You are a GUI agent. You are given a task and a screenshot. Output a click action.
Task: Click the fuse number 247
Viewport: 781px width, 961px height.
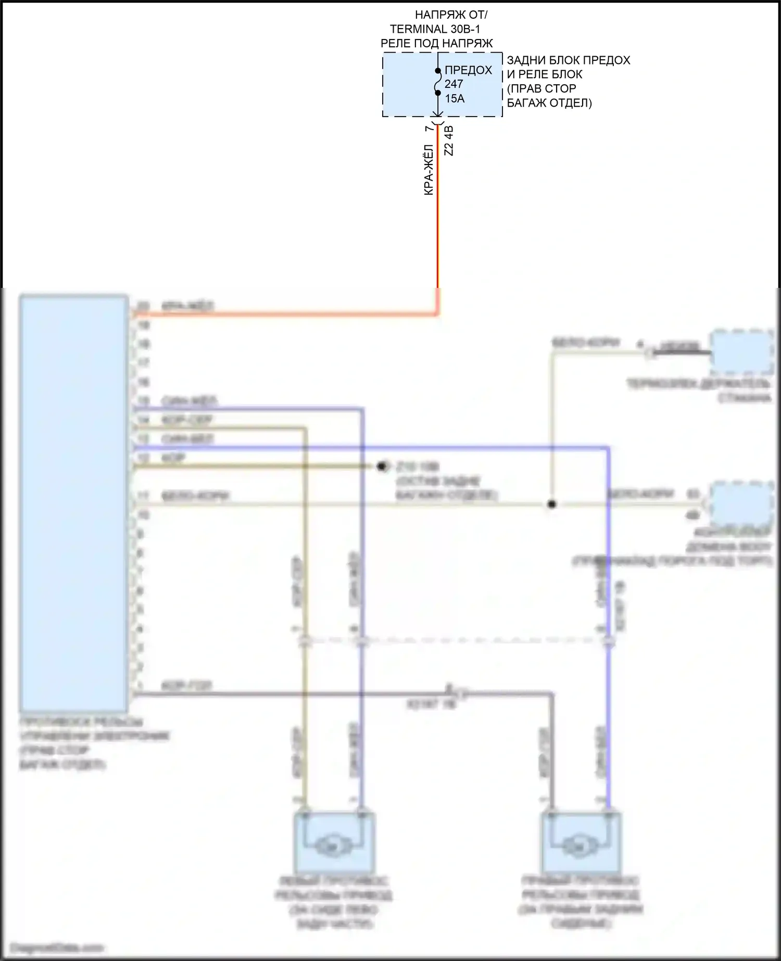(x=454, y=84)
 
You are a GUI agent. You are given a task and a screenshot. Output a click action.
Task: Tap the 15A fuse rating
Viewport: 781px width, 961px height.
(x=455, y=98)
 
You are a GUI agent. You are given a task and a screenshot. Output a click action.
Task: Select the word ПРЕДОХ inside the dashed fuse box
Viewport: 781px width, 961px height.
(x=468, y=70)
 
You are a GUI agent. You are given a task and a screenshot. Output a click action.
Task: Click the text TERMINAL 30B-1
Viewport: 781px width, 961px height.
(x=435, y=29)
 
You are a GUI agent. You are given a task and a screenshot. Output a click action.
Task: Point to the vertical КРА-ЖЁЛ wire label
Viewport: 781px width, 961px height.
(x=429, y=170)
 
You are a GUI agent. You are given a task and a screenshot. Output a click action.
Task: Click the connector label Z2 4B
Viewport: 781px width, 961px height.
(x=449, y=141)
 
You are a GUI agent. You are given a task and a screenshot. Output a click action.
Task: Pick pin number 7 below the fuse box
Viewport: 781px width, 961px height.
(x=429, y=129)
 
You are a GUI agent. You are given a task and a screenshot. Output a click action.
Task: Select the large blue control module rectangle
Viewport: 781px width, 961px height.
(x=73, y=503)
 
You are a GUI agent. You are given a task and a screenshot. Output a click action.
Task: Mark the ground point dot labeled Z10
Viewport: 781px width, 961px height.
(x=383, y=466)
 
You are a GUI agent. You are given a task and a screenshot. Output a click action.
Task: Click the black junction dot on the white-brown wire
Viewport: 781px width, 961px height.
(x=552, y=504)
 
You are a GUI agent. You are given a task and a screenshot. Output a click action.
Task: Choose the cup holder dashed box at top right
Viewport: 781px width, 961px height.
(x=742, y=352)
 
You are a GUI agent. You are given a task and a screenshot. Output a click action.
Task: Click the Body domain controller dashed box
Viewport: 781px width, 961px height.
(x=742, y=503)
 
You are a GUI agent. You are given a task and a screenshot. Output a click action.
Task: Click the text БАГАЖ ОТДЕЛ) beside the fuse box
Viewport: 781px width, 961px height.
(x=549, y=103)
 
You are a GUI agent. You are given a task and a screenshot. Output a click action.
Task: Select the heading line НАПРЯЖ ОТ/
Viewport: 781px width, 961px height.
(x=451, y=15)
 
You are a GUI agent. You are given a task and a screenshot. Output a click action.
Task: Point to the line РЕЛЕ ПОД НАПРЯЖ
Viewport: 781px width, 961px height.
(x=436, y=43)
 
